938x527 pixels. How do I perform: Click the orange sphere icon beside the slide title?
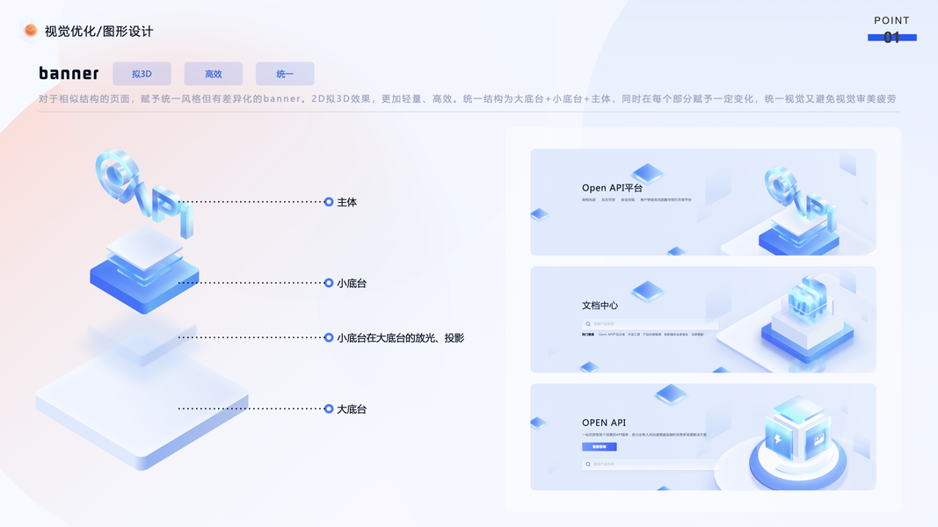31,31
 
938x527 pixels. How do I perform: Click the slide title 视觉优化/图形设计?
98,32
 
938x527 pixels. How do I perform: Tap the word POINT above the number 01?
891,20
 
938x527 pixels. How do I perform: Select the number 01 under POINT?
891,38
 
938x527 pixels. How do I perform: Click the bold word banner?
69,74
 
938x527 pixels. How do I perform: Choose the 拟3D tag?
142,74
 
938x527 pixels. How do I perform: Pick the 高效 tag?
213,74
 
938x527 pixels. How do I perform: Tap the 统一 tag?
285,74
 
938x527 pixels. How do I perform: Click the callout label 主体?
346,202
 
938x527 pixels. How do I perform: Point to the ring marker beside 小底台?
329,283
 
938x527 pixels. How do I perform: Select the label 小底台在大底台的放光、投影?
400,337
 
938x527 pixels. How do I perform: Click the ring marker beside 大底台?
329,408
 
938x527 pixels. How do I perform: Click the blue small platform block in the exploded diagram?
144,285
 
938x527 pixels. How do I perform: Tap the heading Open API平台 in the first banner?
612,188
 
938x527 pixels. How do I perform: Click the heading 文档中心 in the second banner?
600,306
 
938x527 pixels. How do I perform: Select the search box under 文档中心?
650,324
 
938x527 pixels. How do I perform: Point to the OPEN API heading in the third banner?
604,422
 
